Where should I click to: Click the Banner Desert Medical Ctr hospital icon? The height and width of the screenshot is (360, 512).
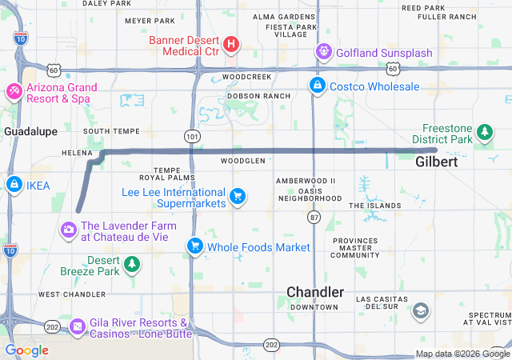230,43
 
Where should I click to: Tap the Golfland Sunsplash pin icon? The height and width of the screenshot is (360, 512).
323,53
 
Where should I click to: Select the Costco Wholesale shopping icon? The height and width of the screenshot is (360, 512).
318,86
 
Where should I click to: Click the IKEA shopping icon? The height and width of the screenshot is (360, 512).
14,186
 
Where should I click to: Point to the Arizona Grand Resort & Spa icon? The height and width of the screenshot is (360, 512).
14,92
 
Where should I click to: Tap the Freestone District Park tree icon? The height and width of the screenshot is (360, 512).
483,131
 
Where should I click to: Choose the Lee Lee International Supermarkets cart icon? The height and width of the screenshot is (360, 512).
237,195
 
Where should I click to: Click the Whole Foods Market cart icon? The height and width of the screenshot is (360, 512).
194,246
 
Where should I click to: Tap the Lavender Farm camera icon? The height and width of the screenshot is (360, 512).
68,230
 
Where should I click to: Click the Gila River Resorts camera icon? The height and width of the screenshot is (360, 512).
78,326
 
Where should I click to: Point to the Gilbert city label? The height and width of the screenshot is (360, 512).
437,162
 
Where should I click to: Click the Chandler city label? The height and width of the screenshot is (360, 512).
316,292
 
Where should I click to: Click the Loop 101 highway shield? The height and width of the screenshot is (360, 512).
191,137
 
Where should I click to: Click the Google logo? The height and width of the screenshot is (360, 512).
26,350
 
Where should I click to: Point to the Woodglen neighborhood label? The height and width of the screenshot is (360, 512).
242,161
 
